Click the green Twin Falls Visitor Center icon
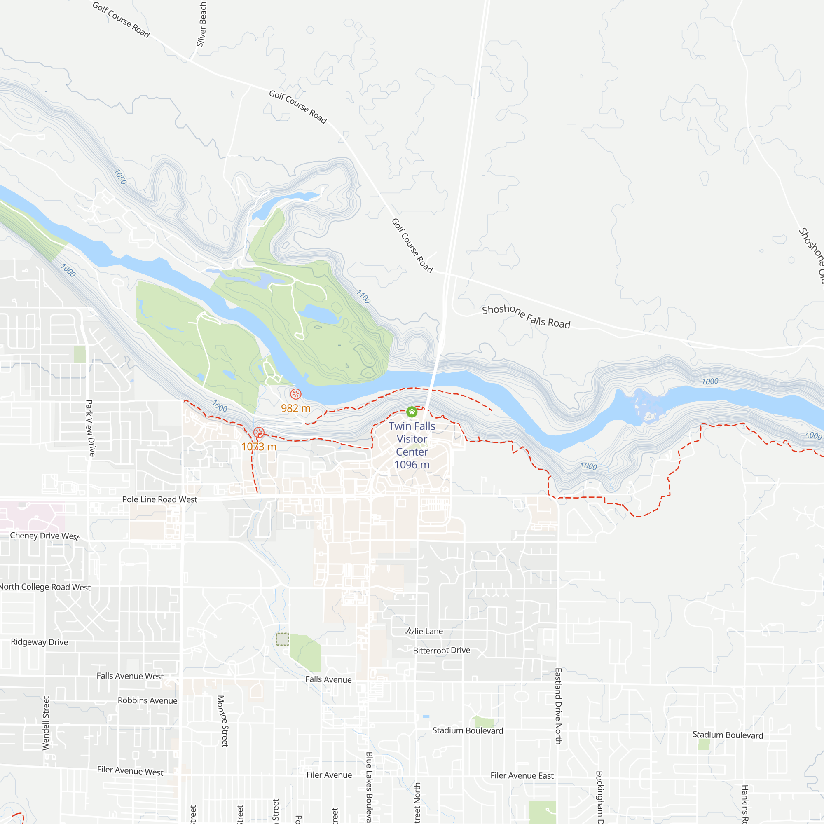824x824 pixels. (x=412, y=412)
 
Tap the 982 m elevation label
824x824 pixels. (x=295, y=408)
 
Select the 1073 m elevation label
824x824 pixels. (x=259, y=447)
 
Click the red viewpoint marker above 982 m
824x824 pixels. (x=295, y=394)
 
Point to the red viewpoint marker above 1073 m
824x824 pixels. (x=258, y=433)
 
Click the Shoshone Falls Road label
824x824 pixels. (x=526, y=316)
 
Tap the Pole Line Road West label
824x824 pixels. (x=159, y=499)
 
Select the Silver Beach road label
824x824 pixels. (x=202, y=24)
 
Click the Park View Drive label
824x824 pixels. (x=90, y=428)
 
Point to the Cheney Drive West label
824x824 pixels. (x=45, y=536)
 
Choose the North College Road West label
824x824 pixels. (x=45, y=587)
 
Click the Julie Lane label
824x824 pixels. (x=424, y=631)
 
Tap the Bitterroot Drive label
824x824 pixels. (x=441, y=651)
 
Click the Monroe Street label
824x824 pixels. (x=223, y=721)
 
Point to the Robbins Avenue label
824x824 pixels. (x=147, y=701)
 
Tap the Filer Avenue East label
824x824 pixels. (x=522, y=776)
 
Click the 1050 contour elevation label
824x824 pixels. (x=120, y=177)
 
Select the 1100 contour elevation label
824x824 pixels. (x=363, y=296)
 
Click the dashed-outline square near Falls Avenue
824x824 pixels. (x=282, y=639)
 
